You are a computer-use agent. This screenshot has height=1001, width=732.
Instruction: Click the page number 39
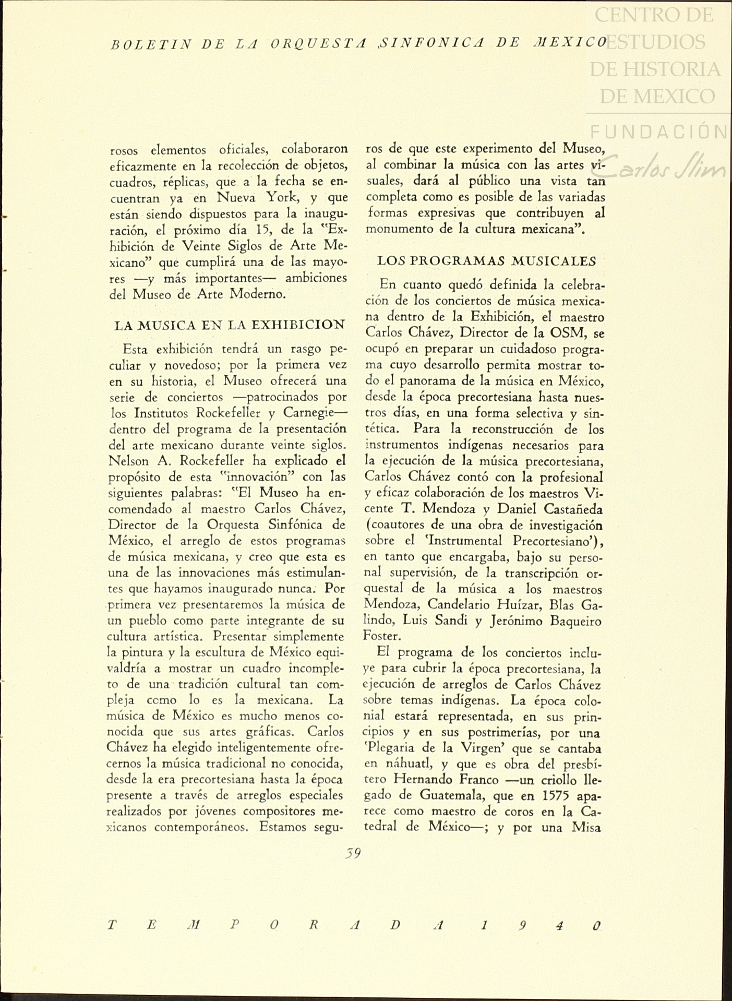pyautogui.click(x=353, y=854)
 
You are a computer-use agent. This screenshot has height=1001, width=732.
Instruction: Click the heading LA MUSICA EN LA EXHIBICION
pyautogui.click(x=230, y=325)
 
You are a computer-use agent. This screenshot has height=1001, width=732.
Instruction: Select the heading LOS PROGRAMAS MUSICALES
pyautogui.click(x=486, y=260)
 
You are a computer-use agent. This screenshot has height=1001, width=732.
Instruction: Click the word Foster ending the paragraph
pyautogui.click(x=381, y=636)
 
